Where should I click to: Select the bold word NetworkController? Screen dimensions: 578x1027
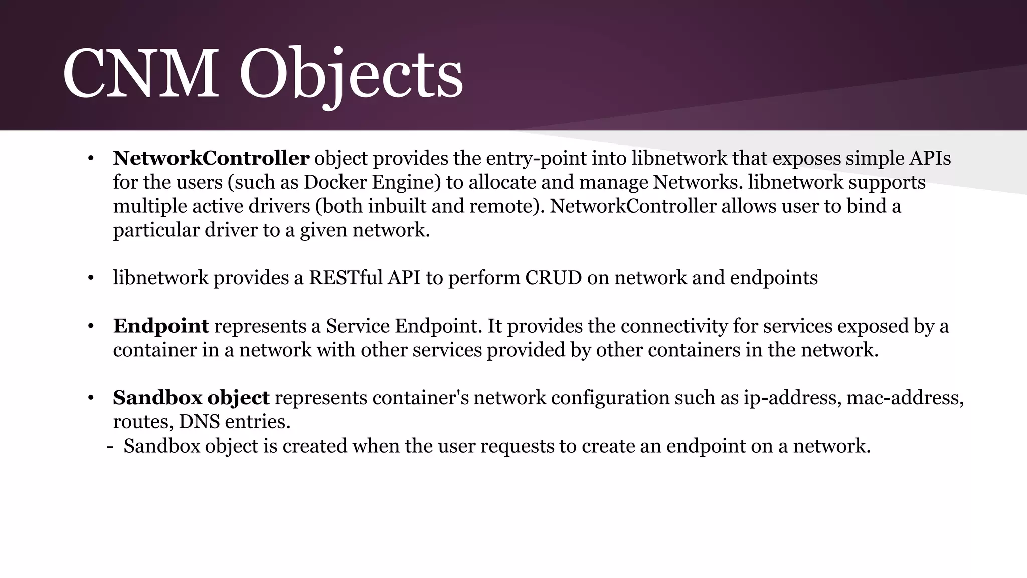(211, 158)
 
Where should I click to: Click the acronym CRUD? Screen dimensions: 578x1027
(553, 277)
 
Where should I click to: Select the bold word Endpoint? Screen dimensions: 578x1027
(161, 326)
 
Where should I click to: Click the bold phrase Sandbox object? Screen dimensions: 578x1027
(191, 398)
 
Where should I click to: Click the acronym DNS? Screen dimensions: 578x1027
(199, 421)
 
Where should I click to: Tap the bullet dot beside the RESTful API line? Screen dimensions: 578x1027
(91, 278)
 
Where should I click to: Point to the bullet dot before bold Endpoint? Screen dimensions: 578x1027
(91, 326)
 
